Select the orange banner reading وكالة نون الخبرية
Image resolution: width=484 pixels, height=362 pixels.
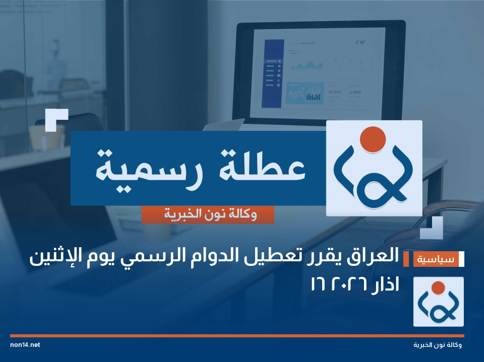coord(208,215)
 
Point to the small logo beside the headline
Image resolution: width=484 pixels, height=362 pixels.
coord(438,302)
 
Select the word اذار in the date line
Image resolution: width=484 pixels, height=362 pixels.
coord(383,285)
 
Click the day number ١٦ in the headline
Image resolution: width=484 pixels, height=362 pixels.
coord(319,285)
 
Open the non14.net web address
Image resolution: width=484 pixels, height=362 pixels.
coord(25,345)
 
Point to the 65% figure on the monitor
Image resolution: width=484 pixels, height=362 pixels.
coord(295,94)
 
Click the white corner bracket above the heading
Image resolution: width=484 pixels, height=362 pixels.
coord(56,119)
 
